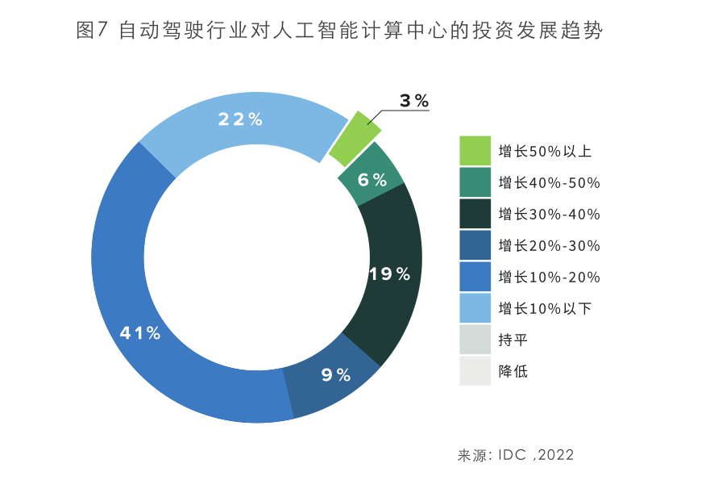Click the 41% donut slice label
[x=140, y=332]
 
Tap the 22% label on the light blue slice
[x=240, y=119]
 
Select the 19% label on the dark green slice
[x=390, y=274]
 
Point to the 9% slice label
[x=336, y=374]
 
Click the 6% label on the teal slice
[x=372, y=180]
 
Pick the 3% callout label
[x=414, y=101]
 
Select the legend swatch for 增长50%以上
[x=475, y=151]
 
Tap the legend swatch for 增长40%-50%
[x=475, y=182]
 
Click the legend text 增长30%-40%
[x=549, y=215]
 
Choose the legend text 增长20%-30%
[x=549, y=246]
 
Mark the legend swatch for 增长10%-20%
[x=475, y=277]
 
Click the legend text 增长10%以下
[x=545, y=309]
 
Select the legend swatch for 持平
[x=475, y=340]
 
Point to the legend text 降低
[x=513, y=372]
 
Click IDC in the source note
[x=511, y=455]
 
